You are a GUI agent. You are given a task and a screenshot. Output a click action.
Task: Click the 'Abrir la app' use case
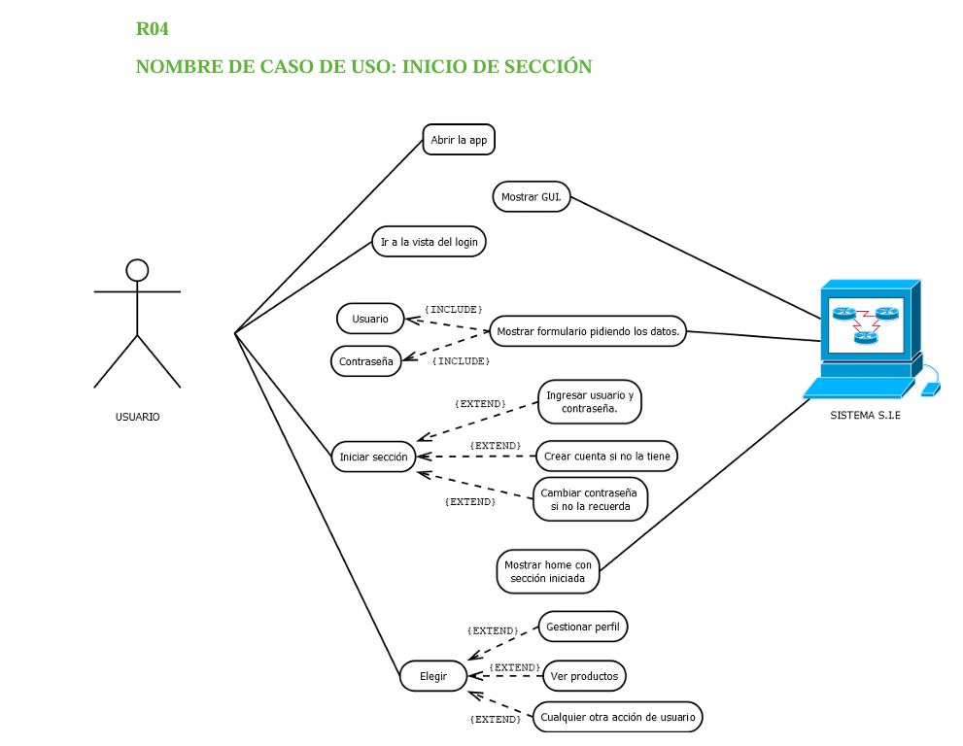coord(459,140)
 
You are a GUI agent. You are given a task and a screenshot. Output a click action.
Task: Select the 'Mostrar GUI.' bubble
coord(532,196)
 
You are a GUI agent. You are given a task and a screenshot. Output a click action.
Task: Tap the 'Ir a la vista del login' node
coord(429,242)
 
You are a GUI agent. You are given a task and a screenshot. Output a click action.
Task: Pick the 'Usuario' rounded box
coord(370,319)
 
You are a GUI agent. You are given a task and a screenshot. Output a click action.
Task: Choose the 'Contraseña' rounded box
coord(366,361)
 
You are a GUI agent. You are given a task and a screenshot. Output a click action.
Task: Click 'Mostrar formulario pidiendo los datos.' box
coord(588,331)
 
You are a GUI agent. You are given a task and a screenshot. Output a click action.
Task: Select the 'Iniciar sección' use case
coord(374,457)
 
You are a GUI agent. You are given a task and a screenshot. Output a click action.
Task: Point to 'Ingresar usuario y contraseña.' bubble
coord(590,402)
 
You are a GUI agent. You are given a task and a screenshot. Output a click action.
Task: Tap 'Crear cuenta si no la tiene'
coord(606,456)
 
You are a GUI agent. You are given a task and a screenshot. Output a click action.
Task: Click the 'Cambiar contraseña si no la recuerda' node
coord(590,499)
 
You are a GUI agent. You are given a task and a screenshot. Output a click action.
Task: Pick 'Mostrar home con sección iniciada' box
coord(548,571)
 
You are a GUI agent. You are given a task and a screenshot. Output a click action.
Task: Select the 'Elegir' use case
coord(433,676)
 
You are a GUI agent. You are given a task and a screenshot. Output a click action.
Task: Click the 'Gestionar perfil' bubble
coord(583,627)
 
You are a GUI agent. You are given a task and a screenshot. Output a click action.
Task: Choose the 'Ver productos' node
coord(584,675)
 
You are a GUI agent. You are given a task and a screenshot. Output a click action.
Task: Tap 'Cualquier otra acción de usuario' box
coord(618,718)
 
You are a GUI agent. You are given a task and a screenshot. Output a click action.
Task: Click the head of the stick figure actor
coord(137,270)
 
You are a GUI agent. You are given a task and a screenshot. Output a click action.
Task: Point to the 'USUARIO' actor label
coord(137,417)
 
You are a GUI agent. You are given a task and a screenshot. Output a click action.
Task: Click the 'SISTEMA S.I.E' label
coord(865,415)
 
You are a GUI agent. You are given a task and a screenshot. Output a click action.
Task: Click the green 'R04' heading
coord(153,29)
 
